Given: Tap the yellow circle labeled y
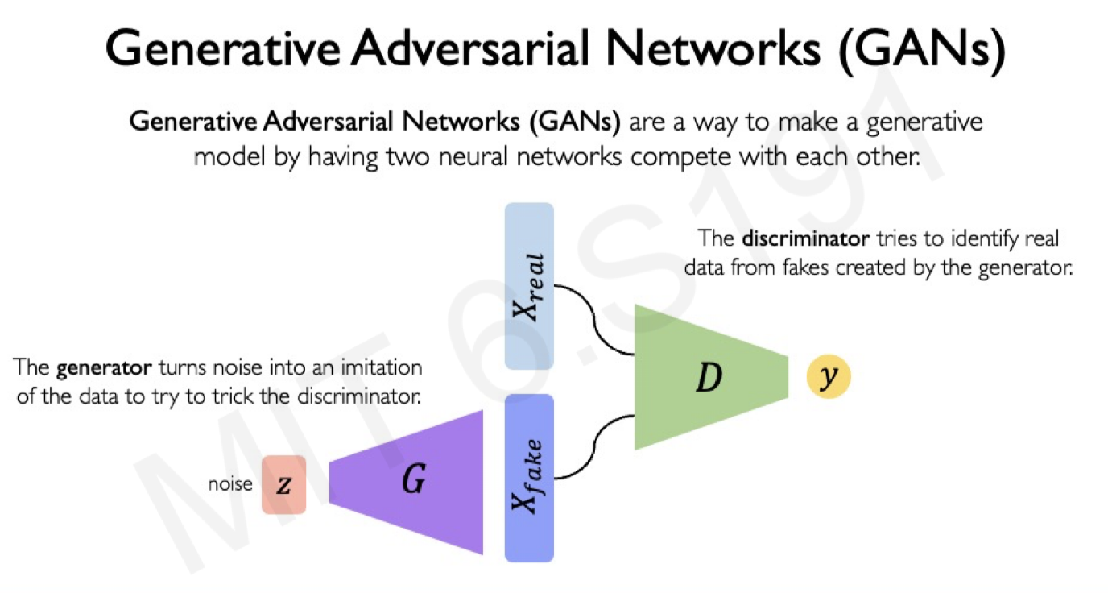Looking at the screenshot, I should point(829,377).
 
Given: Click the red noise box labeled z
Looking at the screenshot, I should point(283,484).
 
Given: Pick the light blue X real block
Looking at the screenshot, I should point(529,286).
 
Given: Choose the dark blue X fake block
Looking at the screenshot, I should point(529,477).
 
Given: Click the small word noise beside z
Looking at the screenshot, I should point(230,484).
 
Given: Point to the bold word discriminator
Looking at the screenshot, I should point(805,239).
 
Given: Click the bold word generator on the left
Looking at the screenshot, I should point(104,368).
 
